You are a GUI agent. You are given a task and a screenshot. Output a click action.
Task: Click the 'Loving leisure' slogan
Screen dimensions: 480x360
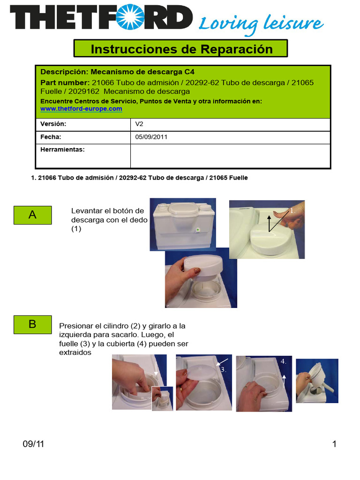(261, 23)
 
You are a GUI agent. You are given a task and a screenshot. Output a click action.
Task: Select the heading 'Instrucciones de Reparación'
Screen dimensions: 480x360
(181, 49)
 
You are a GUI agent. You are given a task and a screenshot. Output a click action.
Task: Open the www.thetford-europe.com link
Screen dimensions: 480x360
(81, 109)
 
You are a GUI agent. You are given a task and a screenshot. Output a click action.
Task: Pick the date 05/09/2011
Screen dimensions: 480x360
(151, 137)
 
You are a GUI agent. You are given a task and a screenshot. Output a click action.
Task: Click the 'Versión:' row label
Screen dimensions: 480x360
(53, 124)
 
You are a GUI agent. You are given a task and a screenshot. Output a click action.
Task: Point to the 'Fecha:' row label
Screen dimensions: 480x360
(51, 137)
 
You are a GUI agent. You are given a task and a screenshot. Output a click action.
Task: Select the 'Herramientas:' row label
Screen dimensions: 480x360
(62, 150)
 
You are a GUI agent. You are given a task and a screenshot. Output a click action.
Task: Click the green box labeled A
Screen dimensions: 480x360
(32, 215)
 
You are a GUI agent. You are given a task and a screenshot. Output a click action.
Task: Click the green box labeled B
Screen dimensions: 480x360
(32, 324)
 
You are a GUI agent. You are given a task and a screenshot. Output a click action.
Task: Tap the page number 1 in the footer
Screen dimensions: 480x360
(334, 444)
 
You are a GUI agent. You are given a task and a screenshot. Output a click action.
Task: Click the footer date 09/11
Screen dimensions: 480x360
(33, 444)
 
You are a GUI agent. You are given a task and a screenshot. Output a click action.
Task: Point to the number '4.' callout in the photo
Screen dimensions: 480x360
(283, 362)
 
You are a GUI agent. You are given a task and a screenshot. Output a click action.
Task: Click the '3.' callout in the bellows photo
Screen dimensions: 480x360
(224, 369)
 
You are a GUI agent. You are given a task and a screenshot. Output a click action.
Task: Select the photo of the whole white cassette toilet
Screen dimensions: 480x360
(182, 224)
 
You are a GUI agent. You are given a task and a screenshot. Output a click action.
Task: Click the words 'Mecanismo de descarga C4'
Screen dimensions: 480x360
(142, 72)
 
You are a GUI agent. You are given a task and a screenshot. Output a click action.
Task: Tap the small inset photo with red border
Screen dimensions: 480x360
(162, 398)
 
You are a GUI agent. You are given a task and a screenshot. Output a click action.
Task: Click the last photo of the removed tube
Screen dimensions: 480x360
(317, 381)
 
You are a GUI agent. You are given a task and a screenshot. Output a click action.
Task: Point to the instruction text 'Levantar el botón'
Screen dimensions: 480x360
(107, 211)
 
